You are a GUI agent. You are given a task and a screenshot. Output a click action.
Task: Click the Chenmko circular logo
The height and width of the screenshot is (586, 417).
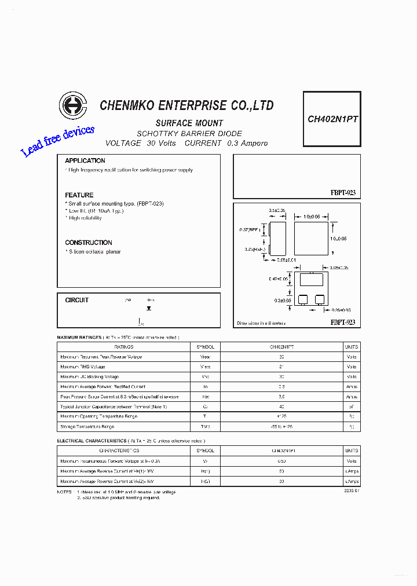(x=72, y=106)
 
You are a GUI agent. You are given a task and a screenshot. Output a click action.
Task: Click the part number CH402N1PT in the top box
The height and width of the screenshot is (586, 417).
(x=332, y=119)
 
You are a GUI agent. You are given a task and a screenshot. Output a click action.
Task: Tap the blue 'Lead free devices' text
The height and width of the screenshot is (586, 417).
(x=57, y=141)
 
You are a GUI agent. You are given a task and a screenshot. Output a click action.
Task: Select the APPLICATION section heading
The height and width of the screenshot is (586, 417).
(x=85, y=160)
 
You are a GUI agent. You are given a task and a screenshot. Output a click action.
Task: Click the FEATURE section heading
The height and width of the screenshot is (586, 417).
(x=79, y=195)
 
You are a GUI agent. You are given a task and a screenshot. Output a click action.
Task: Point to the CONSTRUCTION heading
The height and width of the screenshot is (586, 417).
(x=89, y=243)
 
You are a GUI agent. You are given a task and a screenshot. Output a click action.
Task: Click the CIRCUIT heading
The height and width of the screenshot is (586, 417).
(x=77, y=300)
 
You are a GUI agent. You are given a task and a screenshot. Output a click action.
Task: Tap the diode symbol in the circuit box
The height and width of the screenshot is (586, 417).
(x=149, y=309)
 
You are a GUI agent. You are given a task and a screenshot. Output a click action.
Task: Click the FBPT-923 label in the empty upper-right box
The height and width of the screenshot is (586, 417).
(x=343, y=193)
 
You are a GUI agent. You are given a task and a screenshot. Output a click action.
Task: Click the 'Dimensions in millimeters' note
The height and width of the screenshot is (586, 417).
(x=261, y=323)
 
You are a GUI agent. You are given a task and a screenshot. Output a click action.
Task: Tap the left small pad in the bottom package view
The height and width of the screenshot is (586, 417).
(x=302, y=299)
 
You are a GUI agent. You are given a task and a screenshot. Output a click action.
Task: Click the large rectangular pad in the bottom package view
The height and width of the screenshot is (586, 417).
(x=310, y=281)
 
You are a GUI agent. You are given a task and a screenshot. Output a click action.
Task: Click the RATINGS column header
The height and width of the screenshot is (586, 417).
(x=124, y=346)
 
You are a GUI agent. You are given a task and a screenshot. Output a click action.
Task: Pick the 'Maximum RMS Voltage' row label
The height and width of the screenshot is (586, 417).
(x=83, y=367)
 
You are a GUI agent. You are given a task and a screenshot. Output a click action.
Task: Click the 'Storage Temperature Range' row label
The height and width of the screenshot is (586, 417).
(x=87, y=426)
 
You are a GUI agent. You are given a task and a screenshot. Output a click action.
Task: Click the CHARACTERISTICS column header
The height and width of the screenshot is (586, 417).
(x=119, y=450)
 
